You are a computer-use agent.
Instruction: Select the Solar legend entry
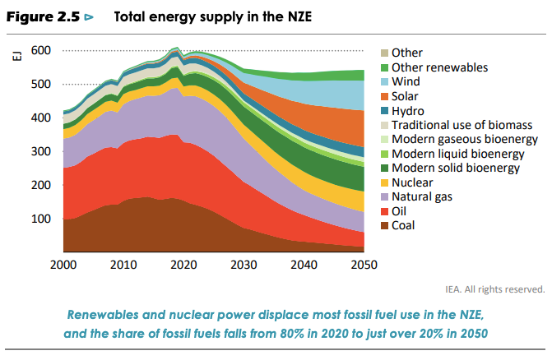[406, 96]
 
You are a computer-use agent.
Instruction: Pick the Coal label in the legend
[405, 225]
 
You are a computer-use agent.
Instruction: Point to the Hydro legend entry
[407, 111]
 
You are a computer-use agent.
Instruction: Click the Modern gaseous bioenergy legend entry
[457, 139]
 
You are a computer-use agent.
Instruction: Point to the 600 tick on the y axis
[42, 51]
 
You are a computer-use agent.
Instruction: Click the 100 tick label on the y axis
[42, 219]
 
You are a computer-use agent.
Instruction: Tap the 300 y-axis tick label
[42, 152]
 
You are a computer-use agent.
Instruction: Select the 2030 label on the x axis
[244, 265]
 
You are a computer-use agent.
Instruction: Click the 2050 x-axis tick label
[364, 265]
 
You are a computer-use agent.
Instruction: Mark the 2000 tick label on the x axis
[64, 265]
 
